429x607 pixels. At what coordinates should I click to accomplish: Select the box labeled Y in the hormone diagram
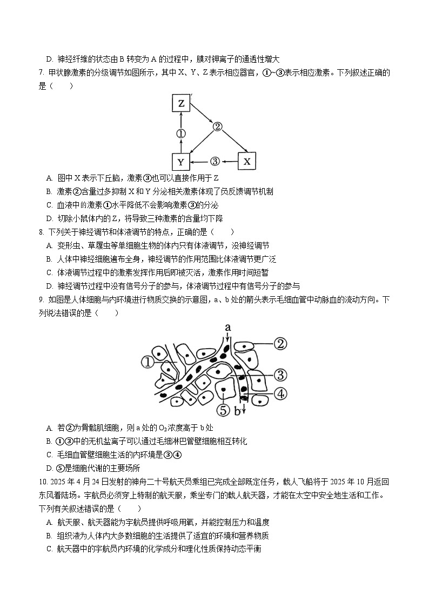[181, 161]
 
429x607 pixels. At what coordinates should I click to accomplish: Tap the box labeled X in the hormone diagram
[247, 161]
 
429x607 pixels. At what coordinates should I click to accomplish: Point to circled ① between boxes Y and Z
[181, 133]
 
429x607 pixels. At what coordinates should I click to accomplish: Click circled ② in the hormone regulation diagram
[217, 127]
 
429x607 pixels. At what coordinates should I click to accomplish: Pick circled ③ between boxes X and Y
[215, 161]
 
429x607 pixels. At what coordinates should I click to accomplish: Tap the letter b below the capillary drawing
[237, 412]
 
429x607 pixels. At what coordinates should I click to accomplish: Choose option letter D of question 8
[49, 286]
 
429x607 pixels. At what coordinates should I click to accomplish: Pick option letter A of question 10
[49, 522]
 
